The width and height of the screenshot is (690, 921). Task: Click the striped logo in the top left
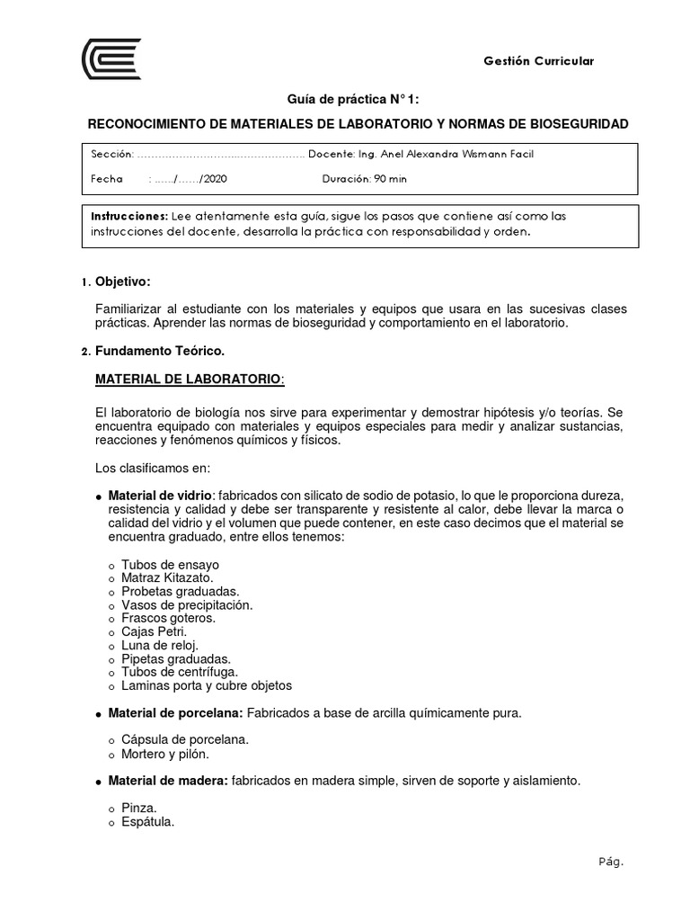111,59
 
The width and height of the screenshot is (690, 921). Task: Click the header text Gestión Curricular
538,61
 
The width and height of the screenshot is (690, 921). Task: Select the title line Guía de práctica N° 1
344,100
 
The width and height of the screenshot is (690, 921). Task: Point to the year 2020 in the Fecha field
215,179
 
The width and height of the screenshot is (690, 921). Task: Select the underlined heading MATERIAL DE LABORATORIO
189,380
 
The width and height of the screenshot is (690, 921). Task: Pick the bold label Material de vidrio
161,496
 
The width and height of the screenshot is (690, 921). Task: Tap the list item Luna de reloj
159,645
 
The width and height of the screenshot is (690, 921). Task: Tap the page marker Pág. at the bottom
610,861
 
